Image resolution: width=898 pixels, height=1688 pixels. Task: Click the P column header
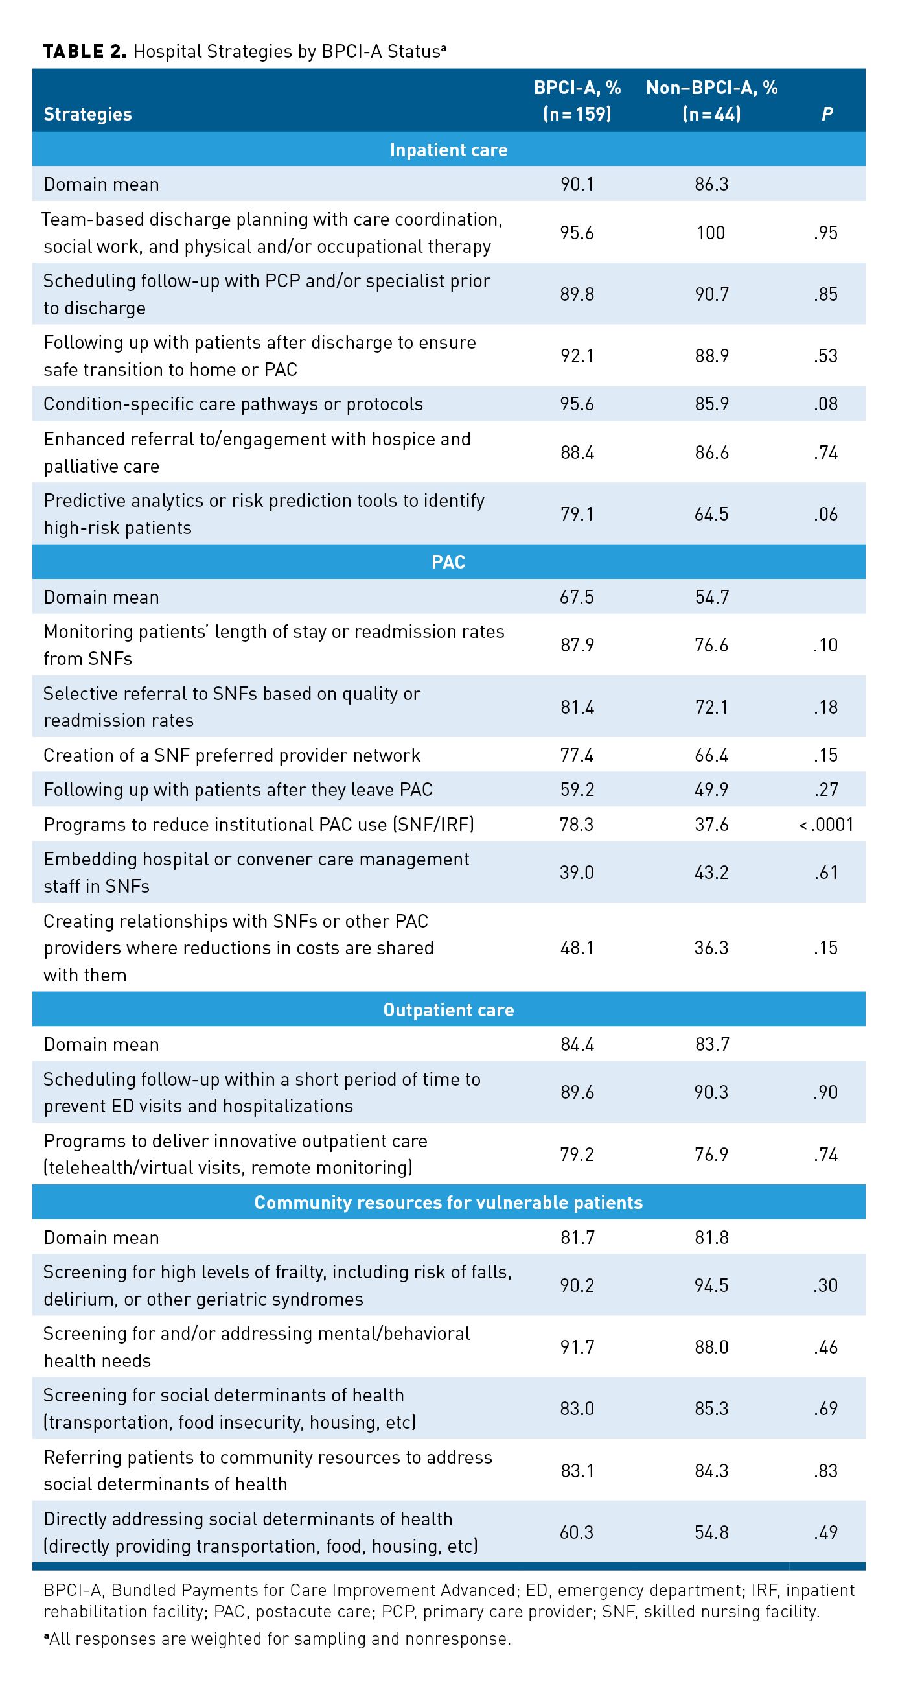(827, 114)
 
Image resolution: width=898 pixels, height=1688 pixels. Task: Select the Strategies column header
(87, 114)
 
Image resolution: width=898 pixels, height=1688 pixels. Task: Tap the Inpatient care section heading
(448, 150)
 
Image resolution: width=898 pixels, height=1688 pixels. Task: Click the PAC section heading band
(448, 562)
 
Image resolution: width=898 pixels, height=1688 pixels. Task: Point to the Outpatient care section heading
(448, 1010)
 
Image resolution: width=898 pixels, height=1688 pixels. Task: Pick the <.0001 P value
(826, 825)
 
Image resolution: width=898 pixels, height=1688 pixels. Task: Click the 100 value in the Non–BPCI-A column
(711, 233)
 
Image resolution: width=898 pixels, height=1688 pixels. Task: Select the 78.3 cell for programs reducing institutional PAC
(577, 825)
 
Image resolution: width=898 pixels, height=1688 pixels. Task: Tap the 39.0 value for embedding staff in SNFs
(577, 872)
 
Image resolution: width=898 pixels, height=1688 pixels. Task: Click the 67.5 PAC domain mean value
(577, 597)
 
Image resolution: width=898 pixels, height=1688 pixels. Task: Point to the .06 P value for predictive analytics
(826, 514)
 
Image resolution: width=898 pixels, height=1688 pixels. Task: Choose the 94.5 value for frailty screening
(711, 1285)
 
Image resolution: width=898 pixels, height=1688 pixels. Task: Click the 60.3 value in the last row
(577, 1532)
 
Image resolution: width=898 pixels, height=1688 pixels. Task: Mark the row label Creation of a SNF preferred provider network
(232, 755)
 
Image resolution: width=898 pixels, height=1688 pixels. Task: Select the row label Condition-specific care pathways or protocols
(233, 404)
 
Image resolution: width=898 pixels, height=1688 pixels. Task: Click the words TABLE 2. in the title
(84, 52)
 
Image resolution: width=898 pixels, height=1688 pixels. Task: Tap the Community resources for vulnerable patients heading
(448, 1202)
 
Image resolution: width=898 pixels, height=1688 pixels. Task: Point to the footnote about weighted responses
(277, 1639)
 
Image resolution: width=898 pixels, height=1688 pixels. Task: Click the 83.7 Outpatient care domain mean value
(711, 1044)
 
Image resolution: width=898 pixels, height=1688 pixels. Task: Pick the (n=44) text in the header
(711, 114)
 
